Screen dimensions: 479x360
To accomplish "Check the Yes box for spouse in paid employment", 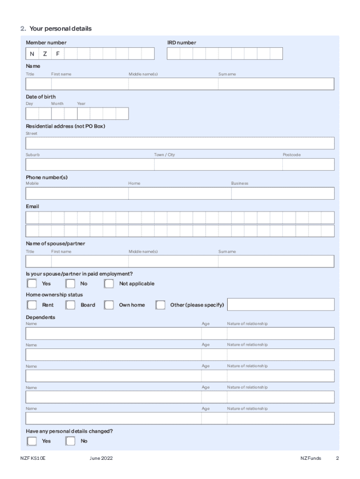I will click(32, 283).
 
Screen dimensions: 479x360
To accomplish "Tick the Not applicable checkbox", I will click(109, 283).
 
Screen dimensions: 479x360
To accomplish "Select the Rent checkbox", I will click(32, 305).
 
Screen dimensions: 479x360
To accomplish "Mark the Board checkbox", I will click(71, 305).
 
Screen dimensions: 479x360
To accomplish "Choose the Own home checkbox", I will click(109, 305).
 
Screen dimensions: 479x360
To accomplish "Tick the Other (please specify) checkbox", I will click(160, 305).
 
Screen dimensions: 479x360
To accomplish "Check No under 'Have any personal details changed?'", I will click(71, 441).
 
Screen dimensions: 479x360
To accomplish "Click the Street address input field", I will click(180, 143).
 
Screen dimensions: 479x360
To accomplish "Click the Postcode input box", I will click(308, 165).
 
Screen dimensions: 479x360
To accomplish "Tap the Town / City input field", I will click(218, 165).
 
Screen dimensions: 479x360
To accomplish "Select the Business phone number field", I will click(282, 194).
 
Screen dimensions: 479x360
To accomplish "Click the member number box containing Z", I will click(45, 54).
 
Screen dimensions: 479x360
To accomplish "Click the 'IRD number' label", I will click(181, 43).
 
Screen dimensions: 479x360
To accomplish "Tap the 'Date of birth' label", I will click(41, 97).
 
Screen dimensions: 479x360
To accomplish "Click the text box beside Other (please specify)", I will click(281, 305).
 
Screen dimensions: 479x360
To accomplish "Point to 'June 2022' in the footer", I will click(101, 458).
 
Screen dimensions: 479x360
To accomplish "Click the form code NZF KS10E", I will click(33, 458).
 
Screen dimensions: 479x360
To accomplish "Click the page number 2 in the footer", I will click(337, 458).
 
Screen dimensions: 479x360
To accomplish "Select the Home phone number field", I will click(180, 194).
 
